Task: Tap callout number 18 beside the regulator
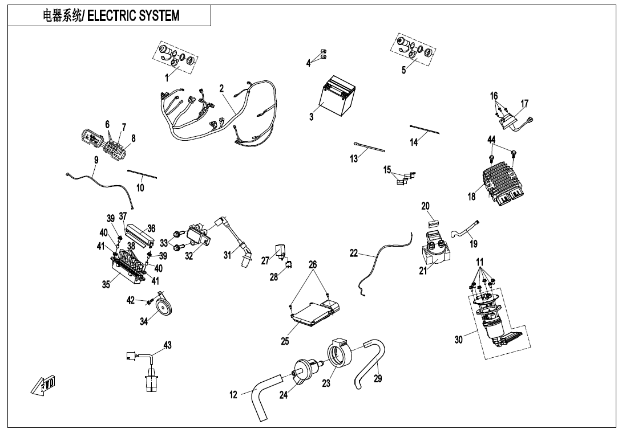471,197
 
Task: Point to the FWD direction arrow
43,386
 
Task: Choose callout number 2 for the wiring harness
221,88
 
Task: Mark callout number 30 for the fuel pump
458,340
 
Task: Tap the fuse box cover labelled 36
136,232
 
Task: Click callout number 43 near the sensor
167,345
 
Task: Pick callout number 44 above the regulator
491,140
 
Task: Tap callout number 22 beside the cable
354,253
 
